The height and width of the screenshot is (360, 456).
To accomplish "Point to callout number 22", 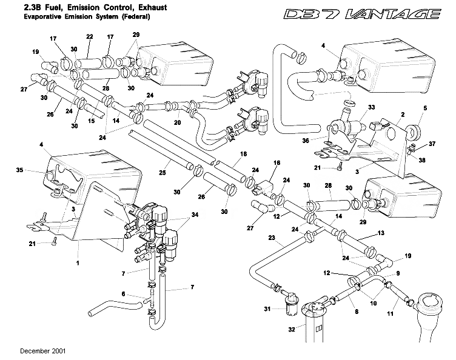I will click(89, 37).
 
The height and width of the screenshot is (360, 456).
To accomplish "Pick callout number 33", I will click(370, 107).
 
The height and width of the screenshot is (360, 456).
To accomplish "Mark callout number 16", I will click(277, 164).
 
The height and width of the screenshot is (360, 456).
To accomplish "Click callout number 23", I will click(272, 237).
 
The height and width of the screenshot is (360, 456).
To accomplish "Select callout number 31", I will click(266, 309).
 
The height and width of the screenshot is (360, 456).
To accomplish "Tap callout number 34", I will click(194, 215).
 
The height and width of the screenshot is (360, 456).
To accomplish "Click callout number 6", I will click(123, 294).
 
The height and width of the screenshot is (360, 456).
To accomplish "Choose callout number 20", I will click(178, 122).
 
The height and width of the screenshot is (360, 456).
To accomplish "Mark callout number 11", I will click(390, 314).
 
